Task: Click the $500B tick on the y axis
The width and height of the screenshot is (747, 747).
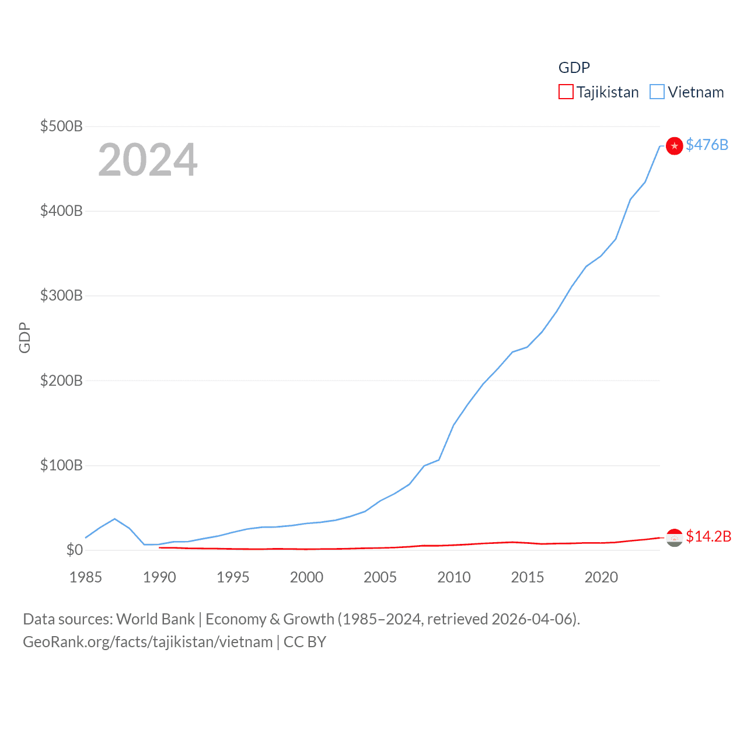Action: click(x=61, y=126)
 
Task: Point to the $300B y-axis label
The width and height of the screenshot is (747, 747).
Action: click(x=61, y=295)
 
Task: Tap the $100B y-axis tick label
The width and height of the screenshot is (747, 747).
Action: click(x=61, y=465)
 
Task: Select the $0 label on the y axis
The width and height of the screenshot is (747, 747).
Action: click(x=75, y=550)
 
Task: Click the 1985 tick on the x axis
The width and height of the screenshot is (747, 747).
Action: click(x=86, y=577)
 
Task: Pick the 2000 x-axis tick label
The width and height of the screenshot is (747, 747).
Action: click(x=306, y=577)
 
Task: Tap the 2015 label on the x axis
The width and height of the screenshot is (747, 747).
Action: click(x=528, y=577)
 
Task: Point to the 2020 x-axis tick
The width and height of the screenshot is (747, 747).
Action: click(x=601, y=577)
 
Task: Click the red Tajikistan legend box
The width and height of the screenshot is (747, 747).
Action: click(x=566, y=92)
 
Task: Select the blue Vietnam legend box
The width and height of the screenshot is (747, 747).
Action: click(x=657, y=92)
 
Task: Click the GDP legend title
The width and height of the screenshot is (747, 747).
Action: click(x=574, y=68)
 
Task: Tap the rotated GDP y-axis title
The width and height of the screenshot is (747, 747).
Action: click(x=25, y=337)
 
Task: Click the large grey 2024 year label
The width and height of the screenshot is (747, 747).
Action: click(x=148, y=160)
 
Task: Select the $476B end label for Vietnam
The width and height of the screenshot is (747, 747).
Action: click(x=707, y=145)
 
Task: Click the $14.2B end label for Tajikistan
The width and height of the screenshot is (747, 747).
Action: click(x=708, y=536)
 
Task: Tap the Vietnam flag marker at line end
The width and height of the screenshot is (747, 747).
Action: click(x=674, y=146)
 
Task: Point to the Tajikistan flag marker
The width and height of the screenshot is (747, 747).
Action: click(x=674, y=537)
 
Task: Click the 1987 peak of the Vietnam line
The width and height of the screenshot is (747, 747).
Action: click(x=115, y=519)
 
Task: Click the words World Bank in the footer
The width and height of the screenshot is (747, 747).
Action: click(x=155, y=619)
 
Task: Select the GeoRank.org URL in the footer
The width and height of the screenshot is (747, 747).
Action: click(x=148, y=642)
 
